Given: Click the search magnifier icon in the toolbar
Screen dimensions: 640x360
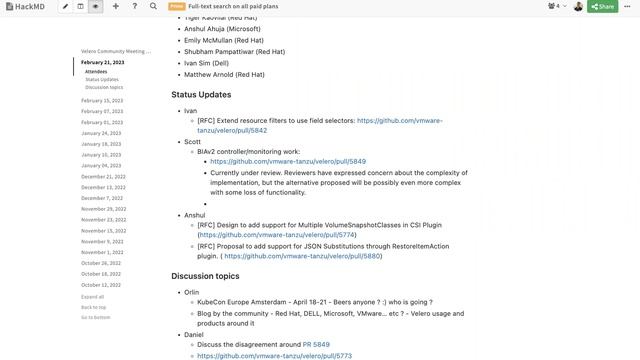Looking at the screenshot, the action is click(153, 6).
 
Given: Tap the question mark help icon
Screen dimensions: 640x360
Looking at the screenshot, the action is click(135, 6).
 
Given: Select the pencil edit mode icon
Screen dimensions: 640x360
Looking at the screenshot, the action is click(66, 6).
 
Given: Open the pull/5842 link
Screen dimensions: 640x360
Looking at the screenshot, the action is click(232, 131).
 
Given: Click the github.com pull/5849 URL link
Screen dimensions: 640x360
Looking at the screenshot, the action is click(288, 161).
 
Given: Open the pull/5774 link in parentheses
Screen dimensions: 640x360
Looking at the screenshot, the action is click(278, 235).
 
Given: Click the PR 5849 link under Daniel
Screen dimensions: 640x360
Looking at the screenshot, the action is click(316, 345).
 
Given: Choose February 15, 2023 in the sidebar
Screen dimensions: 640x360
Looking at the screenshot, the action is click(102, 100).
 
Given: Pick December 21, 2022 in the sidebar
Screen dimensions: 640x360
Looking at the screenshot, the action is click(103, 176).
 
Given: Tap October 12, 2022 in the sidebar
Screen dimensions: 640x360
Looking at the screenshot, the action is click(101, 285).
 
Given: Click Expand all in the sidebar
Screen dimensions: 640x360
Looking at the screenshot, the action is click(93, 297).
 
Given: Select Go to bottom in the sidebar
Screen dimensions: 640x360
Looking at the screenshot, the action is click(96, 317).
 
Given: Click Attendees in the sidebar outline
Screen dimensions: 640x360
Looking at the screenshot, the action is click(96, 72).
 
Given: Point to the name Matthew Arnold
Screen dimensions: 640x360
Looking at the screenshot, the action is click(225, 74).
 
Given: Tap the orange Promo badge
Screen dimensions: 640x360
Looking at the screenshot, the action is click(176, 6).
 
